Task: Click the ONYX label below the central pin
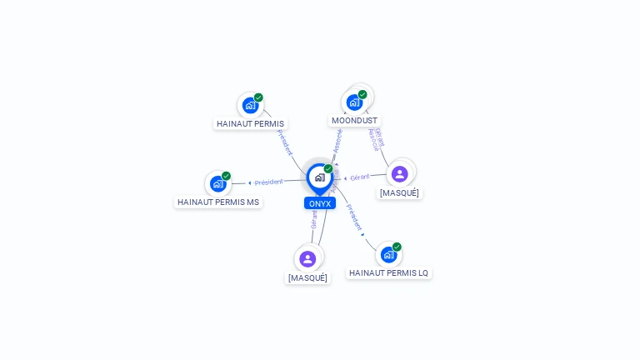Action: point(319,203)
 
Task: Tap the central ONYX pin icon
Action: point(319,177)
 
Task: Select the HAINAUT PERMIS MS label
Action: point(218,202)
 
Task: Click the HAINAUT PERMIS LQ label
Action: point(388,272)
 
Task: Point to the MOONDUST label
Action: point(354,120)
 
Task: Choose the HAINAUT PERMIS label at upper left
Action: point(250,123)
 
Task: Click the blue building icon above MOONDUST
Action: point(355,102)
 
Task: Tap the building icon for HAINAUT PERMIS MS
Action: point(218,183)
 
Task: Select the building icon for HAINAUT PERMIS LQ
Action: point(388,254)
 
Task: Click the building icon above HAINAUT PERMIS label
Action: point(250,105)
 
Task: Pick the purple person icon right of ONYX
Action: point(399,173)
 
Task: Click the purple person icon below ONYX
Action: point(307,258)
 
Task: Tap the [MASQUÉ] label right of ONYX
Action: point(400,192)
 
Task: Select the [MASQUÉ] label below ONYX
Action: point(307,277)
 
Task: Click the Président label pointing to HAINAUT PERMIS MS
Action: point(268,182)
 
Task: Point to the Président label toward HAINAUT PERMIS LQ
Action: point(354,217)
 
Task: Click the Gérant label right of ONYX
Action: point(360,177)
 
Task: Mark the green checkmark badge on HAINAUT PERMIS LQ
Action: point(397,247)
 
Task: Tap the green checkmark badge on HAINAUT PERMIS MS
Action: point(226,176)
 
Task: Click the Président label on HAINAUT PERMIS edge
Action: point(285,142)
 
